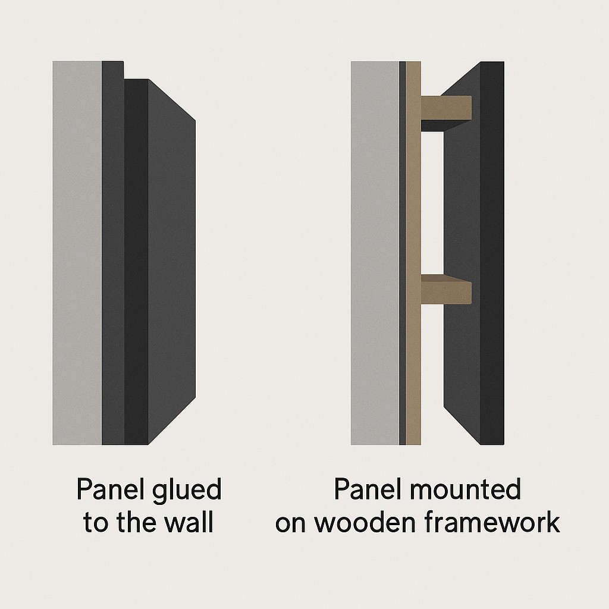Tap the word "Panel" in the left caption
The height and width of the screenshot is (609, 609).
[108, 489]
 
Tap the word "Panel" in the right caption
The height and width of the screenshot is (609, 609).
[366, 489]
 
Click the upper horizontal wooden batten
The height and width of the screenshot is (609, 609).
[446, 108]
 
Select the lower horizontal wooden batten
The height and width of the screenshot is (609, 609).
[446, 289]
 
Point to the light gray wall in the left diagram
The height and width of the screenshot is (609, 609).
[77, 253]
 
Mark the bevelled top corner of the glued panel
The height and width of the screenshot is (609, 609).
[172, 100]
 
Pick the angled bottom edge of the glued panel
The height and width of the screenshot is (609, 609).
[172, 421]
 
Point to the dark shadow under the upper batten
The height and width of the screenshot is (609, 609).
[441, 125]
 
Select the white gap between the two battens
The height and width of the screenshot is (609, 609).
[432, 203]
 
